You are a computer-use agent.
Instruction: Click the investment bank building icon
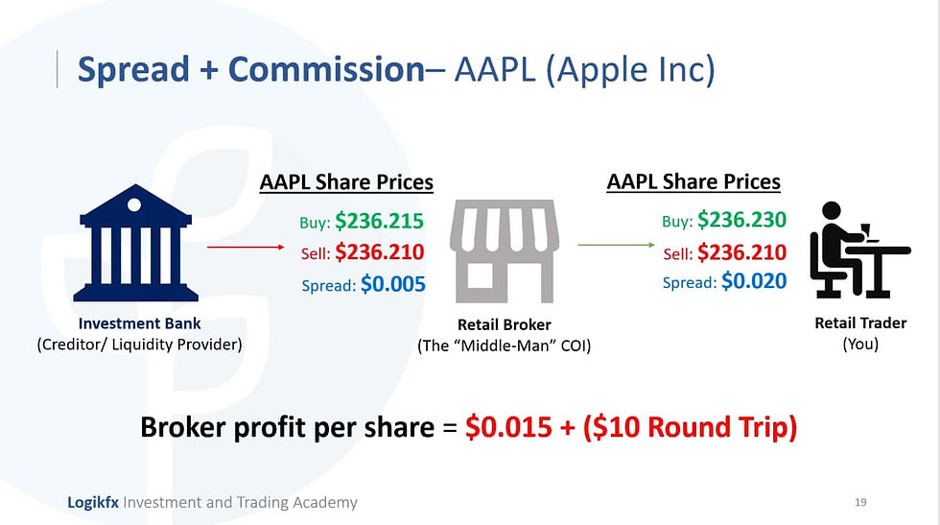pos(135,243)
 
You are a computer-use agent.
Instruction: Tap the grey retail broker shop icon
pos(505,251)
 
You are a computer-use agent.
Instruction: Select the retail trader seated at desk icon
pos(859,250)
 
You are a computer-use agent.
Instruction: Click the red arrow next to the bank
pos(246,247)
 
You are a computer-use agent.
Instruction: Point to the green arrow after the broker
pos(616,245)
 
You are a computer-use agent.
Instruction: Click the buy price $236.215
pos(380,221)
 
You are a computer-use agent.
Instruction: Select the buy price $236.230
pos(742,220)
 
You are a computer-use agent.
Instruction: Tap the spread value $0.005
pos(393,284)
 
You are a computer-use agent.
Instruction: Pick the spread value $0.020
pos(754,281)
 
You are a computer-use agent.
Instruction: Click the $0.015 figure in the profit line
pos(508,427)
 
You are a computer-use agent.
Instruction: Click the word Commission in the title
pos(327,69)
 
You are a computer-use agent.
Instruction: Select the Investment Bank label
pos(140,323)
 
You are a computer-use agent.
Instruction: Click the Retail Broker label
pos(505,324)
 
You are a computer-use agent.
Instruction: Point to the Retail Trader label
pos(860,322)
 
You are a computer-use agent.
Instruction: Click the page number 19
pos(860,502)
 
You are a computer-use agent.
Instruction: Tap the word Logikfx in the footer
pos(93,502)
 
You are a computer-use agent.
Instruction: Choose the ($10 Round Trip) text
pos(690,427)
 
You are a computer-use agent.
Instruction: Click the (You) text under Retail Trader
pos(860,345)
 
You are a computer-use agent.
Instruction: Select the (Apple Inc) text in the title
pos(630,70)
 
